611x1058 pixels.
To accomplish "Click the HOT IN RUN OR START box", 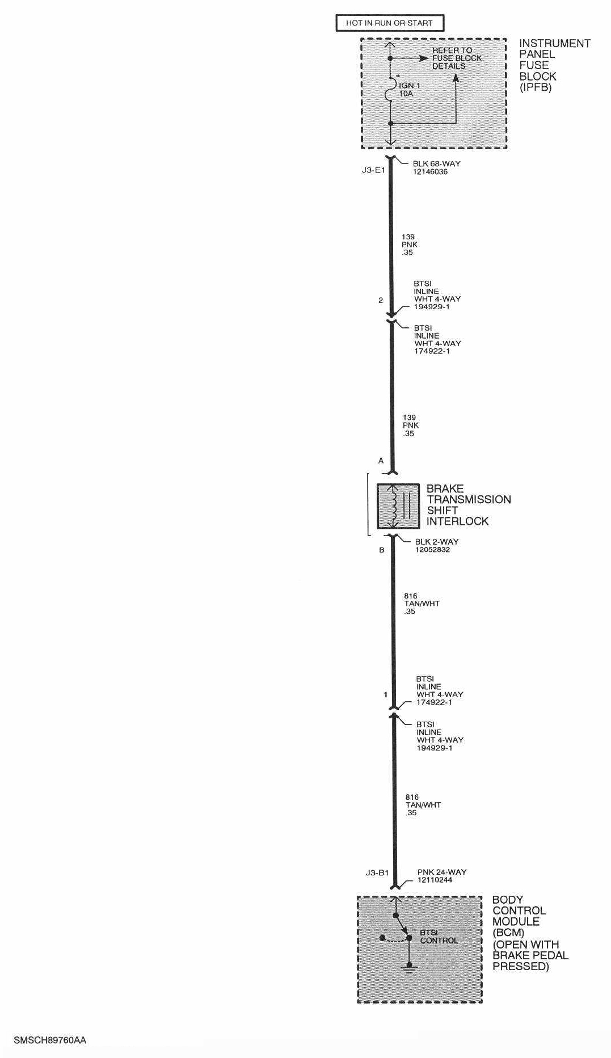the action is [x=389, y=23].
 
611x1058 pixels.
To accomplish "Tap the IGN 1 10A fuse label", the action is [x=408, y=90].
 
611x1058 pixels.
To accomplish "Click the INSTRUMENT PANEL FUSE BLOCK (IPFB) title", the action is [x=554, y=65].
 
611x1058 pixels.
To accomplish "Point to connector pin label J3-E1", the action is [x=373, y=170].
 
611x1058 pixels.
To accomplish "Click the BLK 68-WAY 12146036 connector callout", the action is [x=436, y=167].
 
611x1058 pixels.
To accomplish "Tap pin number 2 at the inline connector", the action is [x=381, y=300].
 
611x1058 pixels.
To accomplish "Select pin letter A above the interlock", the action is [x=381, y=461].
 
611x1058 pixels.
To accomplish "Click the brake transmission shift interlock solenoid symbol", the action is [x=398, y=505].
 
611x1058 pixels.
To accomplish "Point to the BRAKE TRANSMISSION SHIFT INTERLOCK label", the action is [x=468, y=504].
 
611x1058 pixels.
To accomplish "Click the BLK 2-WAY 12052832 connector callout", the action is [x=436, y=546].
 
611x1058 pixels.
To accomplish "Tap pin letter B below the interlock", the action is [x=382, y=550].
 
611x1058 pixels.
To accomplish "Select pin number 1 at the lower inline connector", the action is [x=385, y=694].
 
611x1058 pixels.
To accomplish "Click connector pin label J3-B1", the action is [x=377, y=872].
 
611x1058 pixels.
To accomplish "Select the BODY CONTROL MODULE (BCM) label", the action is [x=518, y=916].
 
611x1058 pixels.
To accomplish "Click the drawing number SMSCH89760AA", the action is [x=50, y=1040].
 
